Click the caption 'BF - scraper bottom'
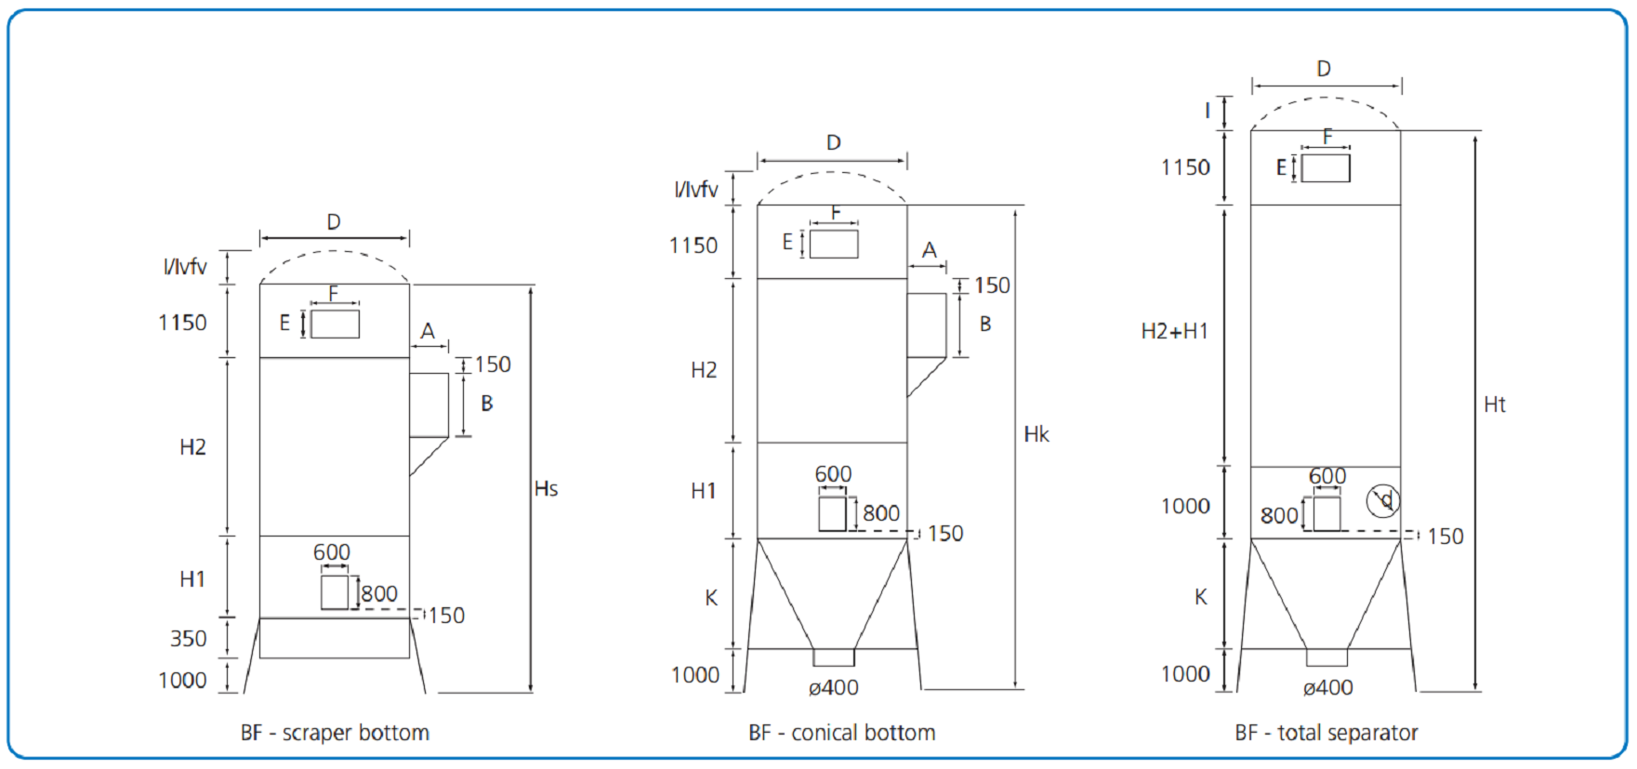(335, 733)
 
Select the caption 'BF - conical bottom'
(841, 733)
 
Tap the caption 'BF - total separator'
(1326, 733)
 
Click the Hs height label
(547, 489)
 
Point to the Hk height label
(1036, 434)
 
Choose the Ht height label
(1495, 404)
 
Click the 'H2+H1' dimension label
(1175, 331)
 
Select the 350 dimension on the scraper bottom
(189, 639)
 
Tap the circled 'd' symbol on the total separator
(1383, 500)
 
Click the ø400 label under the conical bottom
(834, 688)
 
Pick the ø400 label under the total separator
(1327, 688)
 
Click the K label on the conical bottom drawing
(711, 598)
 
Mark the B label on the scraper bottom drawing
(487, 404)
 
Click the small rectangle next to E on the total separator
(1326, 168)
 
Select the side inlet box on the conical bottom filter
(926, 325)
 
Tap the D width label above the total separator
(1324, 69)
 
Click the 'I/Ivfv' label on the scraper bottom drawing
(185, 267)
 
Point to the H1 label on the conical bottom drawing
(704, 491)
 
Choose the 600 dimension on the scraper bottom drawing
(332, 552)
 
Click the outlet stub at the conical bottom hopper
(834, 657)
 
